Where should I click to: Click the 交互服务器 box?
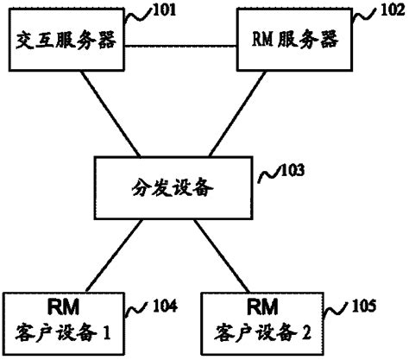(x=65, y=41)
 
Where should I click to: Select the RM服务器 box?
(x=295, y=41)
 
